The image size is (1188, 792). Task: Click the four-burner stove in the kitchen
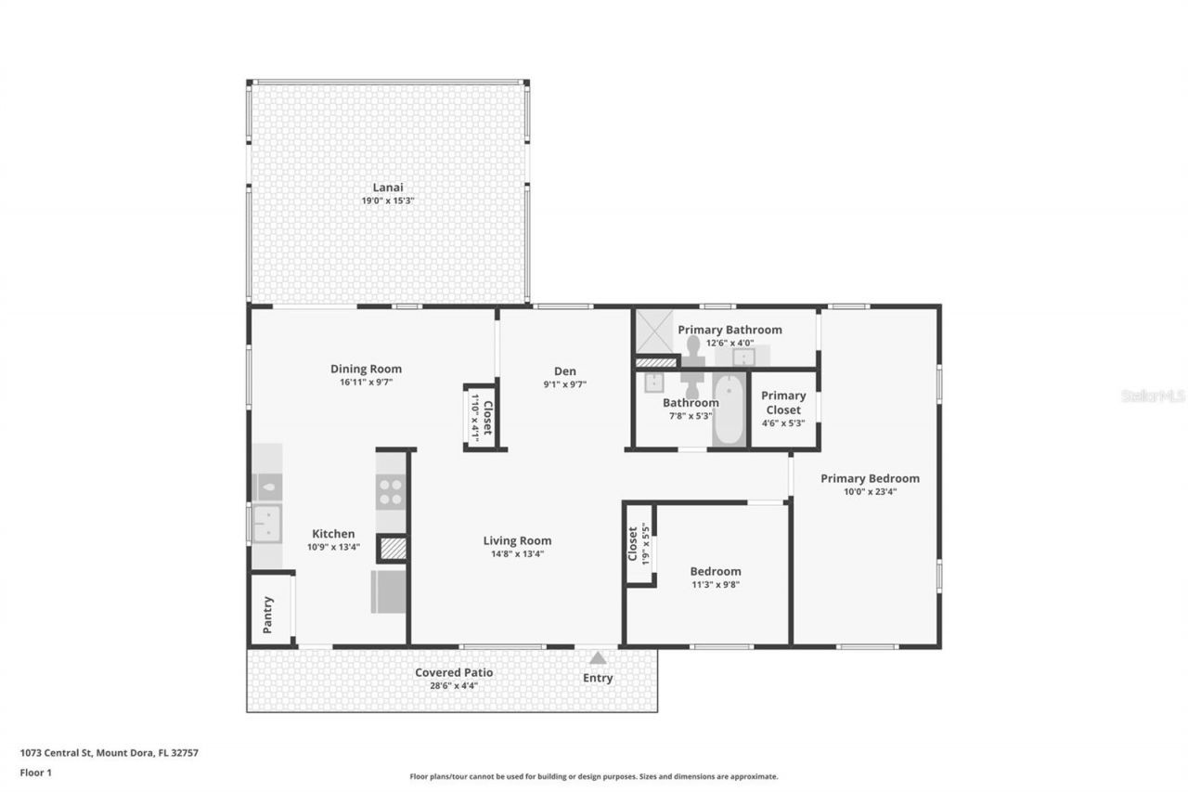392,491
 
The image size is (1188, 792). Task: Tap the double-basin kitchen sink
266,523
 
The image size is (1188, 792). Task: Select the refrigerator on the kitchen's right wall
389,591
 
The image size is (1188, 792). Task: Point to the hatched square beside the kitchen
393,548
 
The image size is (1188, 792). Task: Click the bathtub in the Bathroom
730,409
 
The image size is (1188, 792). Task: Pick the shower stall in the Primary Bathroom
653,333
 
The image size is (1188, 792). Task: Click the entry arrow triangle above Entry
598,657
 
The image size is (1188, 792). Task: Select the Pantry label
268,615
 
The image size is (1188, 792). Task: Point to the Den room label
564,370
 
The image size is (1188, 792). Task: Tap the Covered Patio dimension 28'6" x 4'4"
454,686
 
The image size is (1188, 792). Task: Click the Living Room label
517,540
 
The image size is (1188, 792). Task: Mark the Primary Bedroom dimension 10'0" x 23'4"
870,492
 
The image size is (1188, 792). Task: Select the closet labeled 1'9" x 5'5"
639,544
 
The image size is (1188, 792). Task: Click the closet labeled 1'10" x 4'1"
480,418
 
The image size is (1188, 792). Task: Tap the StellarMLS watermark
1153,396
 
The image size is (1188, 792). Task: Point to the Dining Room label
366,369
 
